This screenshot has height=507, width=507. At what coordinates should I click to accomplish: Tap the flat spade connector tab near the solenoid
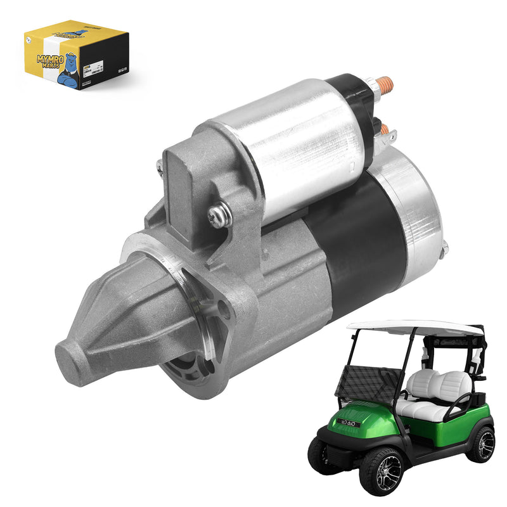(x=392, y=136)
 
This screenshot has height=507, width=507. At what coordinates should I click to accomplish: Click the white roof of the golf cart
(x=412, y=327)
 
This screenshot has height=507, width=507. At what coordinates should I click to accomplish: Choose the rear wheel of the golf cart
(x=482, y=444)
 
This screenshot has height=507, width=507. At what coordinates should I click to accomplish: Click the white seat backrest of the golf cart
(x=444, y=383)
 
